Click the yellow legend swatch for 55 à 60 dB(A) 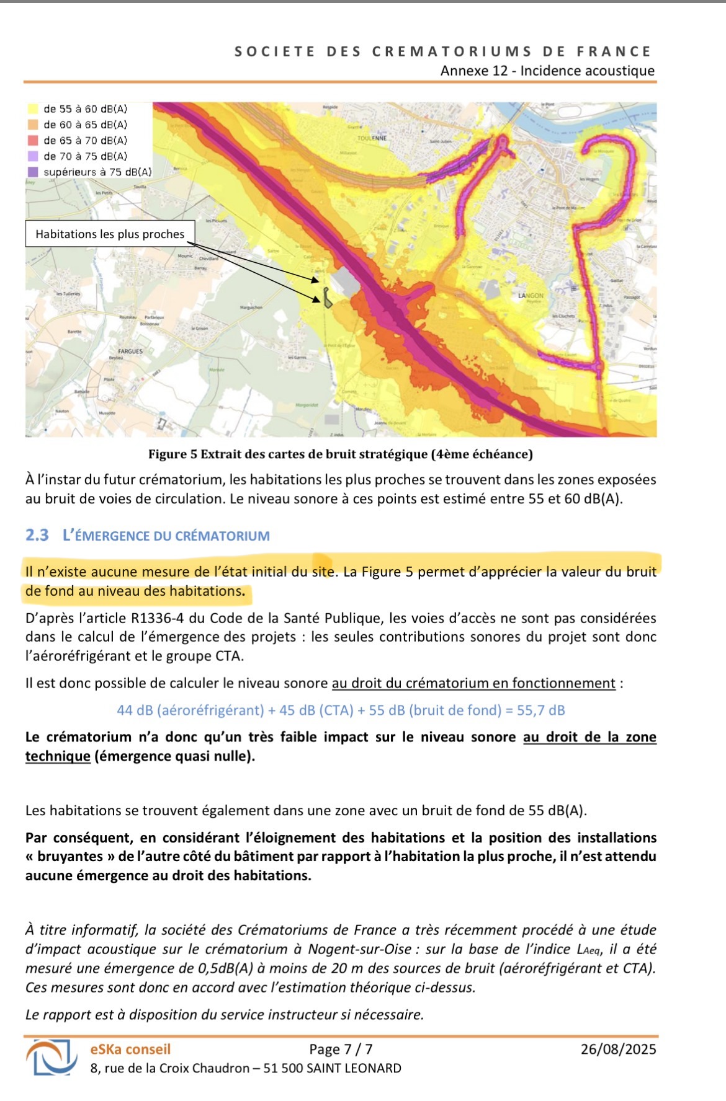[33, 109]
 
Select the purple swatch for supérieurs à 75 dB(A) [33, 172]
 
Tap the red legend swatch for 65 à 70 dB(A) [33, 141]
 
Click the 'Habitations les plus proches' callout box [110, 234]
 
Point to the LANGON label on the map [531, 296]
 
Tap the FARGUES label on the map [130, 352]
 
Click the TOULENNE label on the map [372, 138]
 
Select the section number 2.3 [37, 536]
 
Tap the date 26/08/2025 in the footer [618, 1049]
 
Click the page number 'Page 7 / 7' [341, 1049]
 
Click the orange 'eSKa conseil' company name [130, 1049]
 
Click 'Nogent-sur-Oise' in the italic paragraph [360, 949]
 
